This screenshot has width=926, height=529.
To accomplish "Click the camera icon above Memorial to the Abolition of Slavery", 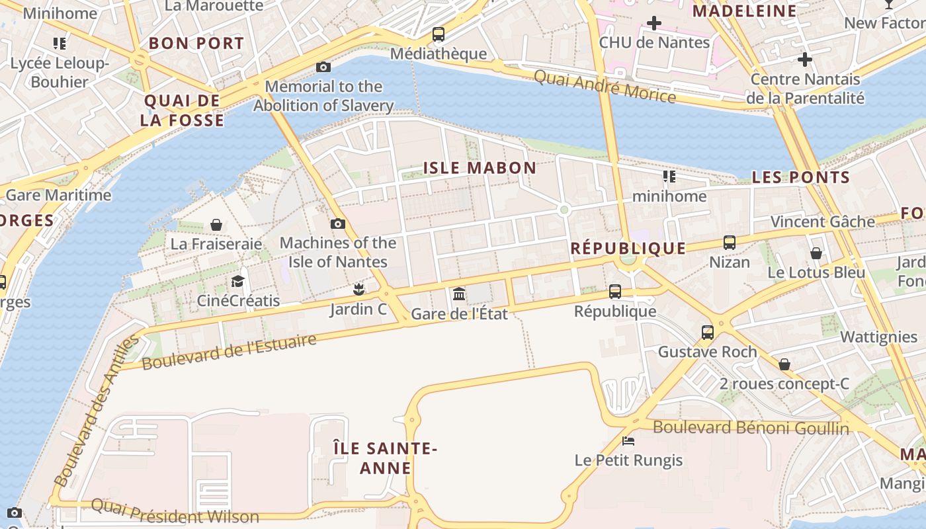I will [x=323, y=67].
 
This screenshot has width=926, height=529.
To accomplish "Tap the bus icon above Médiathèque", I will [x=438, y=34].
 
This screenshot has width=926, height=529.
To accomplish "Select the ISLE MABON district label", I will [x=480, y=168].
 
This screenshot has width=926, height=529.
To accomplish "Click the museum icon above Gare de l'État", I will [x=459, y=293].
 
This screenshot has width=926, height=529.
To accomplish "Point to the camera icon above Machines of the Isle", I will [x=338, y=224].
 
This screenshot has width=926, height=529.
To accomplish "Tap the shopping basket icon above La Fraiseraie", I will [x=216, y=225].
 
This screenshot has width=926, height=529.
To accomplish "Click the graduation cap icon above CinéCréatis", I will [x=237, y=281].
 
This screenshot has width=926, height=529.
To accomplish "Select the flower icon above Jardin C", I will [x=358, y=289].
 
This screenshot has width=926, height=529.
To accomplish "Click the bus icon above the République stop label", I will [x=615, y=292].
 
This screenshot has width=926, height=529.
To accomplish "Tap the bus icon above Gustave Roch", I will [x=708, y=332].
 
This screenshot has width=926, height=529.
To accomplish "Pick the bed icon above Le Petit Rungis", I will [x=628, y=440].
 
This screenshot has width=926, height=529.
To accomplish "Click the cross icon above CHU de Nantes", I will [x=654, y=23].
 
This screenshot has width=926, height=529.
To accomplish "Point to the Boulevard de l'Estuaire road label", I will [x=229, y=352].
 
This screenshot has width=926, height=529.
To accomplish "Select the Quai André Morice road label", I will [x=605, y=87].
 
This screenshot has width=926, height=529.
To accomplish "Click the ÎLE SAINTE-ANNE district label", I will [x=385, y=458].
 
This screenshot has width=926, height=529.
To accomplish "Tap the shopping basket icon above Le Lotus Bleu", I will [x=816, y=253].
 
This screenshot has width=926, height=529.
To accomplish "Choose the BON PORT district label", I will [x=196, y=44].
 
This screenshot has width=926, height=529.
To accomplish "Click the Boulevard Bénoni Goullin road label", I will [x=751, y=428].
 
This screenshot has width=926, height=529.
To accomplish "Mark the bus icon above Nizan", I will [x=730, y=243].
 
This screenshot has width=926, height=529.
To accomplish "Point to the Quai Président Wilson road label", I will [x=175, y=511].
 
